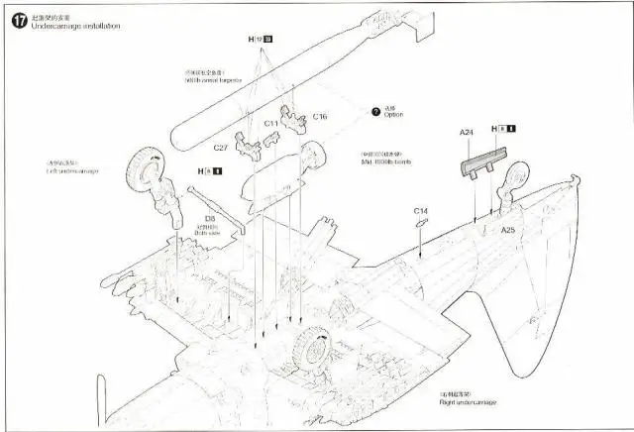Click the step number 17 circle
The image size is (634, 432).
[x=17, y=20]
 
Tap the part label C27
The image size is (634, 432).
[x=220, y=147]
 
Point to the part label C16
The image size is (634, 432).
[x=320, y=117]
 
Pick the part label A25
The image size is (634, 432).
[x=508, y=230]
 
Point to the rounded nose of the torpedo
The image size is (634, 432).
[x=172, y=138]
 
